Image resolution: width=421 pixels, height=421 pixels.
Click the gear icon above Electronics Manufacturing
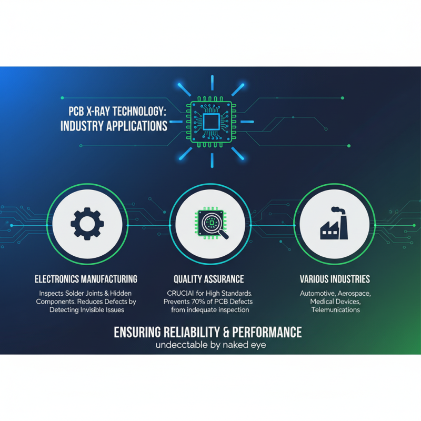(x=87, y=224)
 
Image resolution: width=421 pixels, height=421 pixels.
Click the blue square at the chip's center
(x=211, y=122)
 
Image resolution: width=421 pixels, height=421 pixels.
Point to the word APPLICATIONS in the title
(x=137, y=126)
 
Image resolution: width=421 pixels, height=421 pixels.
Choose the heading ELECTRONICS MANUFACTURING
(x=86, y=279)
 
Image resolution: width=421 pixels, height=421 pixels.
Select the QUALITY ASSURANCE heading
(x=208, y=279)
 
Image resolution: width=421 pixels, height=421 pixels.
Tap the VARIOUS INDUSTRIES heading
(x=335, y=279)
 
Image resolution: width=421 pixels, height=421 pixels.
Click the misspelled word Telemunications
(x=336, y=310)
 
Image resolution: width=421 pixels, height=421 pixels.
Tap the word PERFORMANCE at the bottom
(x=267, y=332)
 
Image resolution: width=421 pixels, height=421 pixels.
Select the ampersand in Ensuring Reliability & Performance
(x=226, y=333)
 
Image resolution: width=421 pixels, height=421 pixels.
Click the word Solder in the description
(x=74, y=293)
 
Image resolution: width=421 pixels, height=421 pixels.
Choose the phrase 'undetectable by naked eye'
(x=211, y=345)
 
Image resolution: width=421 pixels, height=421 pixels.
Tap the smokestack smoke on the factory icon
(x=337, y=210)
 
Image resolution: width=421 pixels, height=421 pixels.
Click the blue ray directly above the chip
(x=212, y=83)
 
